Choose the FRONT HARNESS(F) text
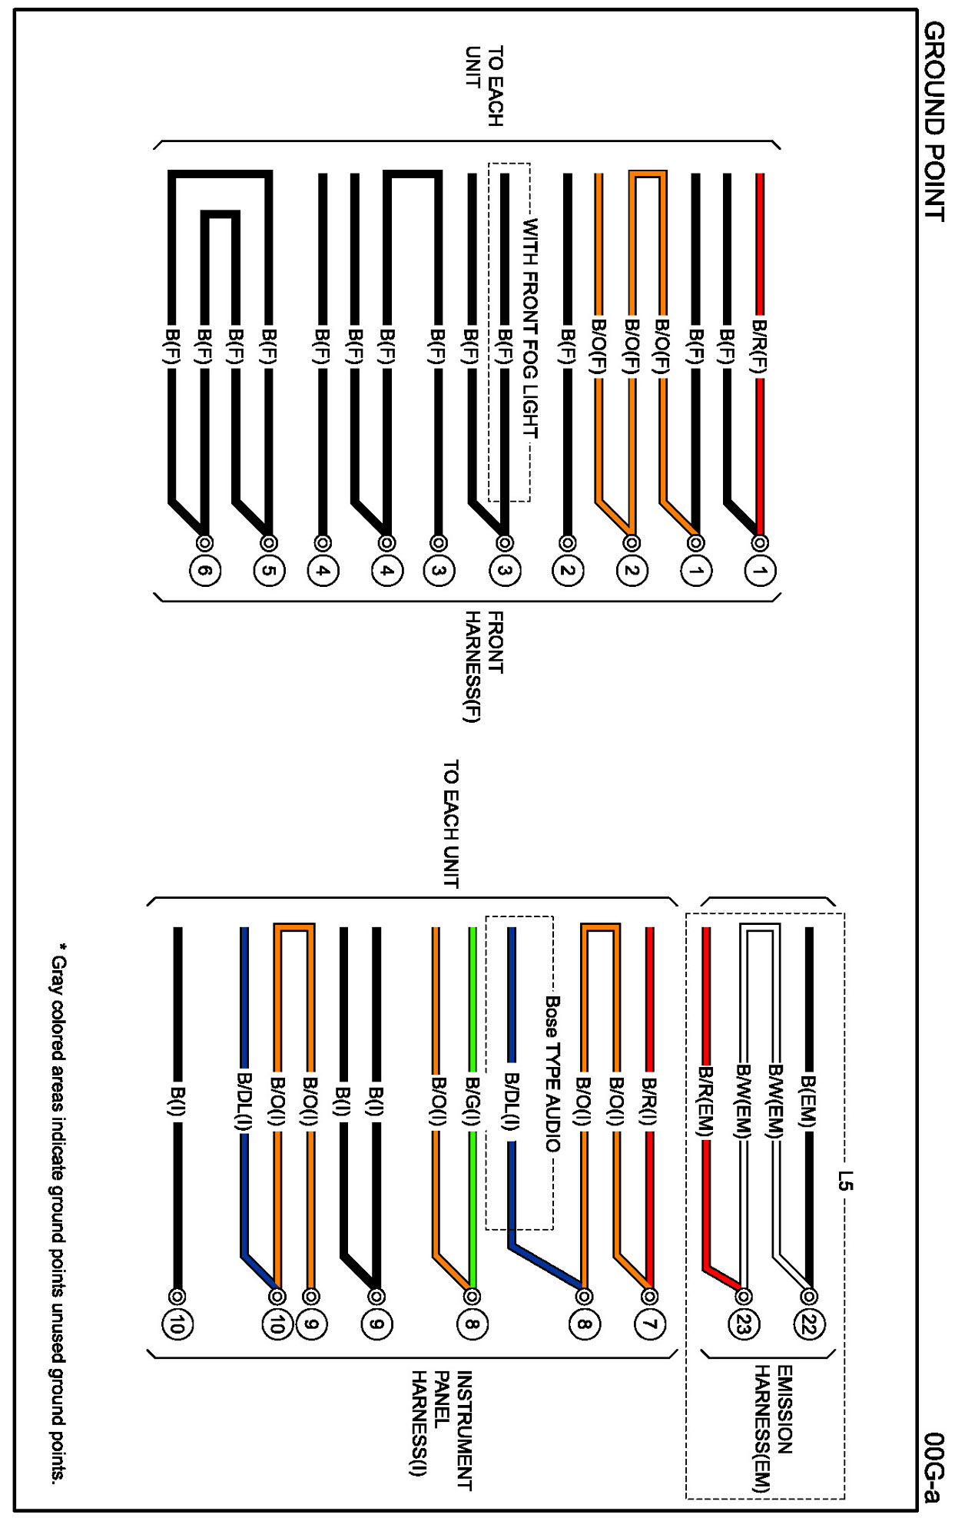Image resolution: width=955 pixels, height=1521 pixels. [484, 666]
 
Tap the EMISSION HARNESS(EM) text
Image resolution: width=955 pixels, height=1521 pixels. [773, 1429]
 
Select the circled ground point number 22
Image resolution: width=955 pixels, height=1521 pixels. [808, 1324]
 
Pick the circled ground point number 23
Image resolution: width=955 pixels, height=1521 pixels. [743, 1324]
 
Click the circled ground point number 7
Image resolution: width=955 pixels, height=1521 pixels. [649, 1324]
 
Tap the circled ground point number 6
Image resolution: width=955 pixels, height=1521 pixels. [204, 571]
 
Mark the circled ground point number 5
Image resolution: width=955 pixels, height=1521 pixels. [269, 571]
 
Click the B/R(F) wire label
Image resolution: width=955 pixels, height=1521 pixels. [760, 346]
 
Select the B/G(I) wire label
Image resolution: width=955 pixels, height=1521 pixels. [473, 1103]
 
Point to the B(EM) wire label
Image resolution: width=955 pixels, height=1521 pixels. [808, 1102]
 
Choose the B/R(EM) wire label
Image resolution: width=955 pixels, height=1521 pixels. [706, 1102]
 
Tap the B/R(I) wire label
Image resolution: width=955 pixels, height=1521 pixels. [649, 1103]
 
